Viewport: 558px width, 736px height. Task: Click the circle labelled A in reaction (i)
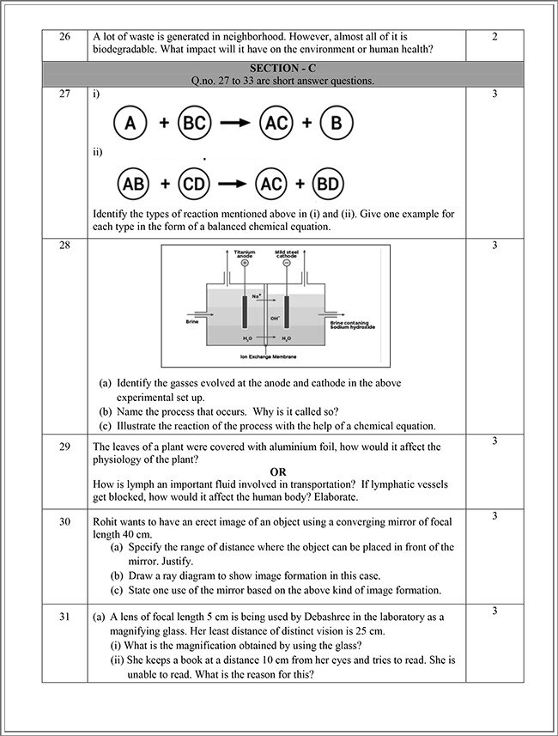point(130,123)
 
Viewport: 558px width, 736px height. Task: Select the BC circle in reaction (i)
point(195,123)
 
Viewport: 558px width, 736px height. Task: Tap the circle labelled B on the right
point(336,123)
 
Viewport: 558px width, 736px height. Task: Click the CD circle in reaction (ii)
point(196,184)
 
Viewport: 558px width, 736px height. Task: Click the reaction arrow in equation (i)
point(234,123)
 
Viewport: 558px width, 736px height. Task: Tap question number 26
point(64,37)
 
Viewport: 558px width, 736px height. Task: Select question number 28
point(64,246)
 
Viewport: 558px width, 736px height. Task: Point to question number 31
point(64,611)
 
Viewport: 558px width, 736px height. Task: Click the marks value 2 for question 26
point(495,37)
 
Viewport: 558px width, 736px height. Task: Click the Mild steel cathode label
point(285,253)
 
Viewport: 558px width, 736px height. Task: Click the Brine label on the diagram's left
point(192,322)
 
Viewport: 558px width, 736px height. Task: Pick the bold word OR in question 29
point(278,471)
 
